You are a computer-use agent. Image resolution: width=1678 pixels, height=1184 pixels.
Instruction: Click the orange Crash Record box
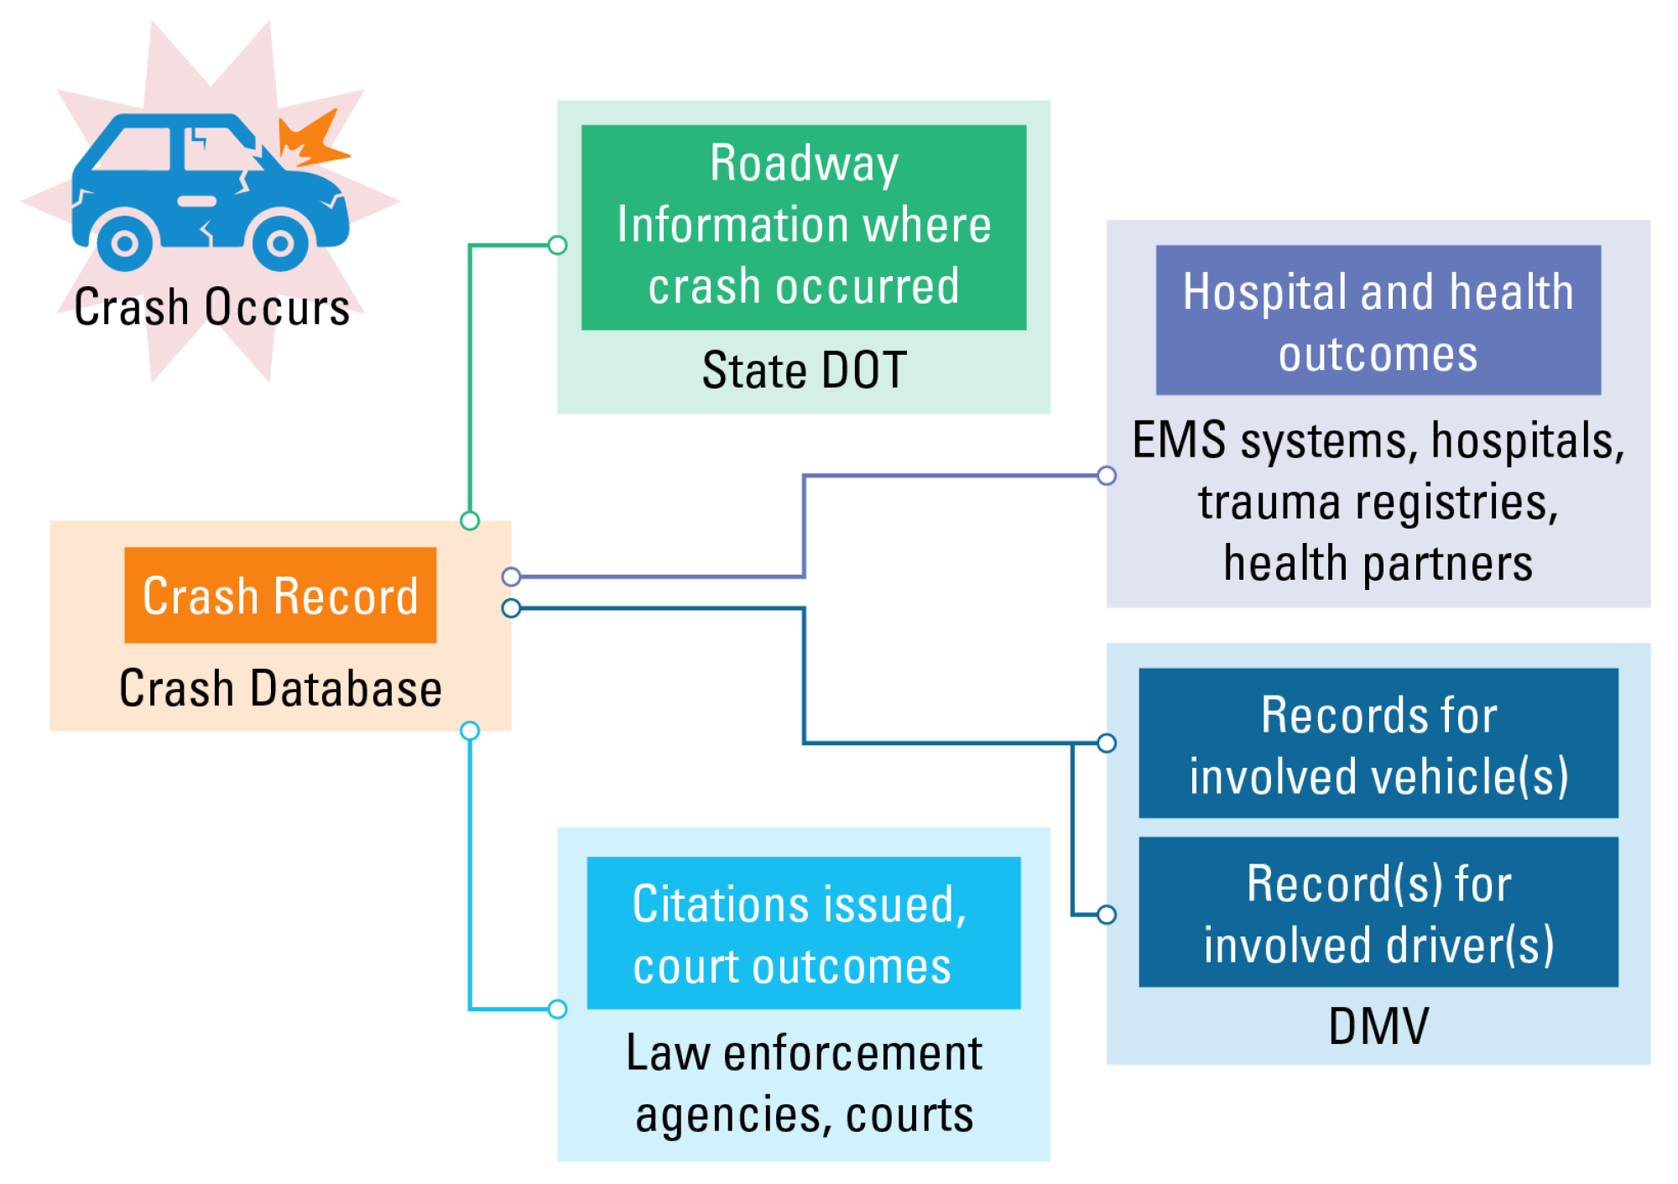point(280,595)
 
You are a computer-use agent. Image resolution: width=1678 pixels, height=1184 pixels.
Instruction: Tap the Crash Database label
point(280,688)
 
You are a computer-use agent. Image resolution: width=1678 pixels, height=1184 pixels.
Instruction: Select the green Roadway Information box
point(803,227)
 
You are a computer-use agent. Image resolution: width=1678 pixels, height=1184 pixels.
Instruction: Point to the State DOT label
point(804,370)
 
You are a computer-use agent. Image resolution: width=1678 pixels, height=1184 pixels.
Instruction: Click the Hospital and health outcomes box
point(1378,320)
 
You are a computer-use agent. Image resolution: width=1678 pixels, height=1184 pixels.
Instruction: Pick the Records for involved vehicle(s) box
point(1378,743)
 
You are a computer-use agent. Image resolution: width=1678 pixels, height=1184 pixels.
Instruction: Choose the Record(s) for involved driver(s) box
point(1378,912)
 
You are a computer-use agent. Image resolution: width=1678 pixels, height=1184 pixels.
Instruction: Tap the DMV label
point(1378,1025)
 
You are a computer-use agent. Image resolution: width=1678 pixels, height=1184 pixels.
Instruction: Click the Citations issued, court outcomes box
point(803,933)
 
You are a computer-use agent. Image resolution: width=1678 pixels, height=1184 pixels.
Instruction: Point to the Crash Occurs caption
point(211,307)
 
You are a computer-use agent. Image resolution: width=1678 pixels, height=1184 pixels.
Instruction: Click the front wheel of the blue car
point(280,244)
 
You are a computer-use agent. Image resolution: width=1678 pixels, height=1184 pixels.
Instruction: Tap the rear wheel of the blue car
point(125,244)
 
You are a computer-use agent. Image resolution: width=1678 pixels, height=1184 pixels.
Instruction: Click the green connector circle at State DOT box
point(557,245)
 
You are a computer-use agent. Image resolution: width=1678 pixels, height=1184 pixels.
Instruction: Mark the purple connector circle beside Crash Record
point(511,576)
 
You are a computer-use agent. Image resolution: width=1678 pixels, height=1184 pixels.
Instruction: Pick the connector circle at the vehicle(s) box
point(1107,743)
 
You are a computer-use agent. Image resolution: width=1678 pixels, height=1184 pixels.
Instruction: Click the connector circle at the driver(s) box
point(1107,915)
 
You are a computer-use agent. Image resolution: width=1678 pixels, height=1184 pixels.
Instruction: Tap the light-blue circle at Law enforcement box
point(557,1009)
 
